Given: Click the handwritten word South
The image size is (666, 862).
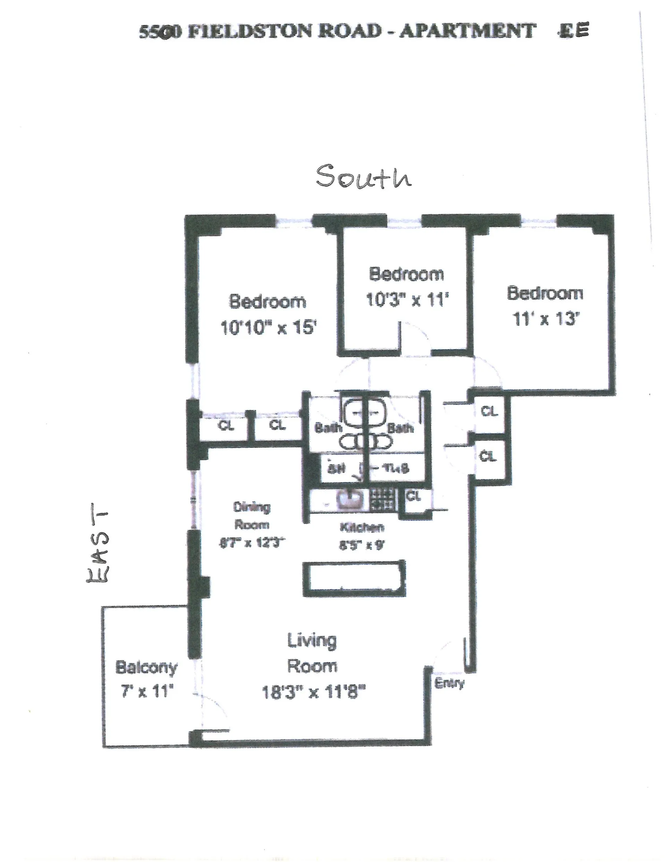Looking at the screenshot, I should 363,176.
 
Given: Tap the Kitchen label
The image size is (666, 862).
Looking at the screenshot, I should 362,527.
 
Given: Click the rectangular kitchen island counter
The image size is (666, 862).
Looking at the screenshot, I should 354,578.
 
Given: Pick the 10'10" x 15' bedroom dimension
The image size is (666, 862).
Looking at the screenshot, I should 268,327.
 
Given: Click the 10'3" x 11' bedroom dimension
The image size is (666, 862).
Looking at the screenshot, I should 407,300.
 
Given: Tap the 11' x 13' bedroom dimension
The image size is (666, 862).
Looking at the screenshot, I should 545,318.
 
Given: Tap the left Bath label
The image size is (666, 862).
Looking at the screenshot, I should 327,428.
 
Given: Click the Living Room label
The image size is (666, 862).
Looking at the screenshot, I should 312,653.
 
